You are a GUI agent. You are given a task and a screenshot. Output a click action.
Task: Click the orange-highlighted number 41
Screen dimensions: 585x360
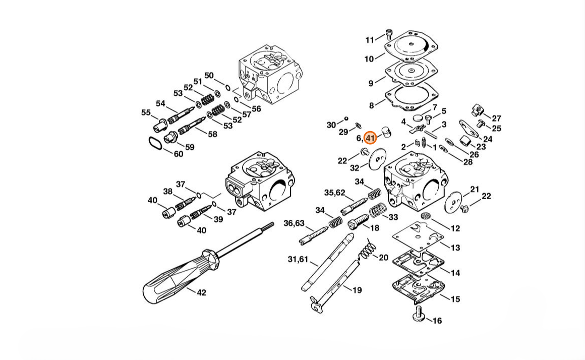(x=370, y=138)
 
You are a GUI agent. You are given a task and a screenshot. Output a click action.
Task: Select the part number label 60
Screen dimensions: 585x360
(x=179, y=154)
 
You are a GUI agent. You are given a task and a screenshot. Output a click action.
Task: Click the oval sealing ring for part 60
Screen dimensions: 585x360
(x=155, y=143)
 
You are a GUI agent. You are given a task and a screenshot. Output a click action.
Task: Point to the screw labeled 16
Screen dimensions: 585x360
(x=419, y=313)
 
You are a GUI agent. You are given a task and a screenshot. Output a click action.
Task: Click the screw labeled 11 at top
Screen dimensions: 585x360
(x=389, y=34)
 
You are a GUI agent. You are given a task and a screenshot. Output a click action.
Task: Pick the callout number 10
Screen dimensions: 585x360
(x=369, y=59)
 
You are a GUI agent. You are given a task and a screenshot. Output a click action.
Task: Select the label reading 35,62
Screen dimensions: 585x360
(x=335, y=193)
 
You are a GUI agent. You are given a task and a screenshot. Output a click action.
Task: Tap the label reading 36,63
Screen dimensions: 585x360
(x=294, y=223)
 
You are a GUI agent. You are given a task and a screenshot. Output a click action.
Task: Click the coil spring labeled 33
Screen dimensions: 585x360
(x=378, y=211)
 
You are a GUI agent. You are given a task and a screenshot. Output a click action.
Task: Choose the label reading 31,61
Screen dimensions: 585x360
(x=298, y=259)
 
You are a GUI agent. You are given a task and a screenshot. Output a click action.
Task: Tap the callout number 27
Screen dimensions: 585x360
(x=497, y=118)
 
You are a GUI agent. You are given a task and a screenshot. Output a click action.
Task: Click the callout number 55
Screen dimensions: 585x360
(x=146, y=112)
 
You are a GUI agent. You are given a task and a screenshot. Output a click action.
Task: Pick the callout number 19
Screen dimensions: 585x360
(x=357, y=290)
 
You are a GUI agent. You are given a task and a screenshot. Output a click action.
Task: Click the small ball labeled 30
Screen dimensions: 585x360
(x=346, y=118)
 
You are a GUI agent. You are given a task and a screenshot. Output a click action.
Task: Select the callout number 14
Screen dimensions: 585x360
(x=455, y=273)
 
